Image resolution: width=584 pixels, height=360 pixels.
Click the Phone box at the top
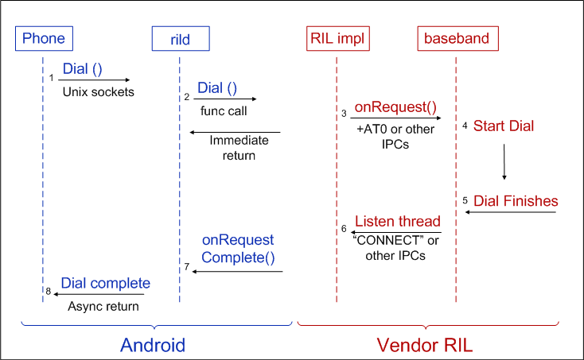tap(44, 37)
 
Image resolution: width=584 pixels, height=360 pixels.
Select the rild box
tap(181, 37)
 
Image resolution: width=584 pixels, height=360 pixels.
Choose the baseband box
tap(456, 37)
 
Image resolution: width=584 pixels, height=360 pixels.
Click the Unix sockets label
tap(99, 92)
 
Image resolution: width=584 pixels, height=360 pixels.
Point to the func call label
tap(224, 111)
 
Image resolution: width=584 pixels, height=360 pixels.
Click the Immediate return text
tap(239, 148)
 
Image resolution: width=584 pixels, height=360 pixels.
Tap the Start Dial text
tap(504, 126)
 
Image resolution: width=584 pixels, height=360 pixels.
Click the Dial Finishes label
tap(516, 200)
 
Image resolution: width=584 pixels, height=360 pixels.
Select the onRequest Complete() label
tap(237, 249)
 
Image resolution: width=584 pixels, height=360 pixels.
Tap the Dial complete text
tap(106, 283)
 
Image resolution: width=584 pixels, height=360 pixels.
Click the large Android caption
tap(152, 344)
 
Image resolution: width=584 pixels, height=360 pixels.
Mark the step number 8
tap(49, 292)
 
